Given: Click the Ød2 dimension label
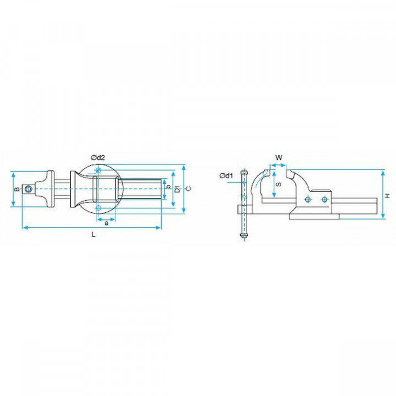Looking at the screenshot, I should click(x=98, y=158).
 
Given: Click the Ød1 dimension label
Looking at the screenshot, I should click(x=227, y=175).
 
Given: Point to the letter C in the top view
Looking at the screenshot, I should click(x=189, y=189).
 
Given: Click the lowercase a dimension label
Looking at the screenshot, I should click(x=106, y=223).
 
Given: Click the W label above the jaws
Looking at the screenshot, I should click(x=279, y=157).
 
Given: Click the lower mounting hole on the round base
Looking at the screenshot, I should click(x=98, y=208).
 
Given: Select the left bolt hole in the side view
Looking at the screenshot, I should click(x=309, y=199).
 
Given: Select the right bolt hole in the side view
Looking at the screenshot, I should click(x=324, y=199).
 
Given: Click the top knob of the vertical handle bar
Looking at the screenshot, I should click(x=242, y=173).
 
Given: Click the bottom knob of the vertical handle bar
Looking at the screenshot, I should click(x=242, y=237).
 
